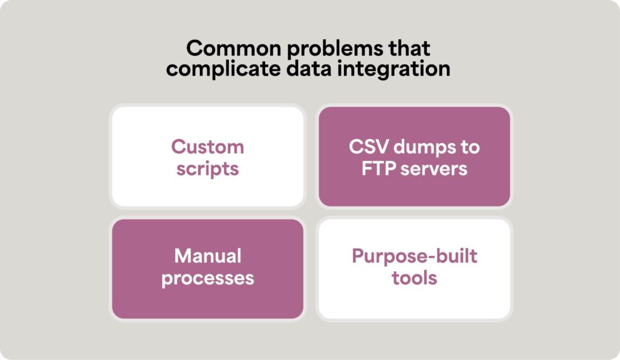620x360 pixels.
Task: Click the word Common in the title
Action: (x=234, y=48)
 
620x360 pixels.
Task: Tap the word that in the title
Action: (x=409, y=48)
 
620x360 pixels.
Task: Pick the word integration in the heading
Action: (x=394, y=69)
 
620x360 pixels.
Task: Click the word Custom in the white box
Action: (x=208, y=147)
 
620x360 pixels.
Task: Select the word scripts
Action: (x=208, y=169)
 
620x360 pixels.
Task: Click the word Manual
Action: (x=208, y=256)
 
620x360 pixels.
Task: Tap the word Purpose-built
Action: (x=414, y=257)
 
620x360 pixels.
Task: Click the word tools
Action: (x=414, y=278)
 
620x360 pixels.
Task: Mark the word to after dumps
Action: (x=470, y=148)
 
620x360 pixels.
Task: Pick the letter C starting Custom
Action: (x=179, y=147)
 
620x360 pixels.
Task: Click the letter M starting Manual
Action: (x=183, y=256)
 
